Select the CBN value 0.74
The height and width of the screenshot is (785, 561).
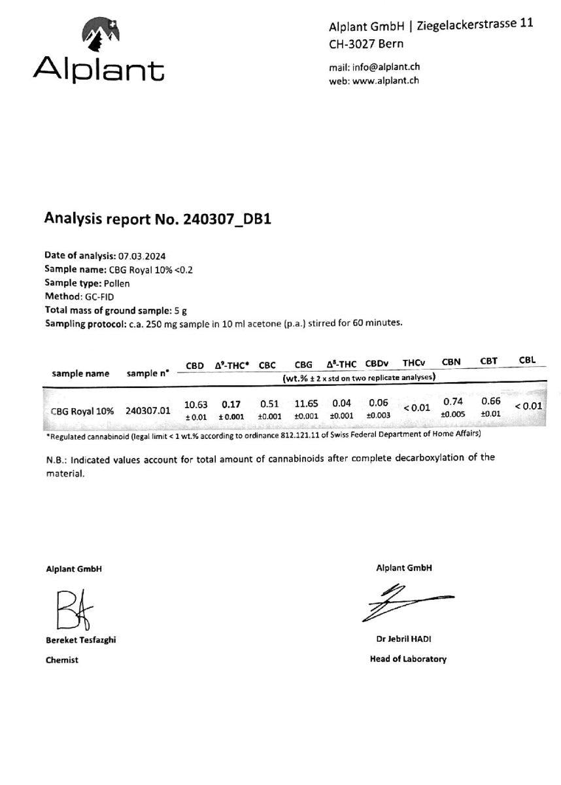tap(454, 401)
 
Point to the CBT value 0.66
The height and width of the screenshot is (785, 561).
tap(490, 401)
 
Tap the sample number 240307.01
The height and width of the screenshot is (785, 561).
tap(148, 411)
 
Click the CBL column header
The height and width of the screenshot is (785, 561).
tap(527, 360)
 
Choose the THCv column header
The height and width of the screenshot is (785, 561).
tap(414, 362)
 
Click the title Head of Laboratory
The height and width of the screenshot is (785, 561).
tap(408, 659)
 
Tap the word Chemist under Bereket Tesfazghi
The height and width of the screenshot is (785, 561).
tap(62, 660)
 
